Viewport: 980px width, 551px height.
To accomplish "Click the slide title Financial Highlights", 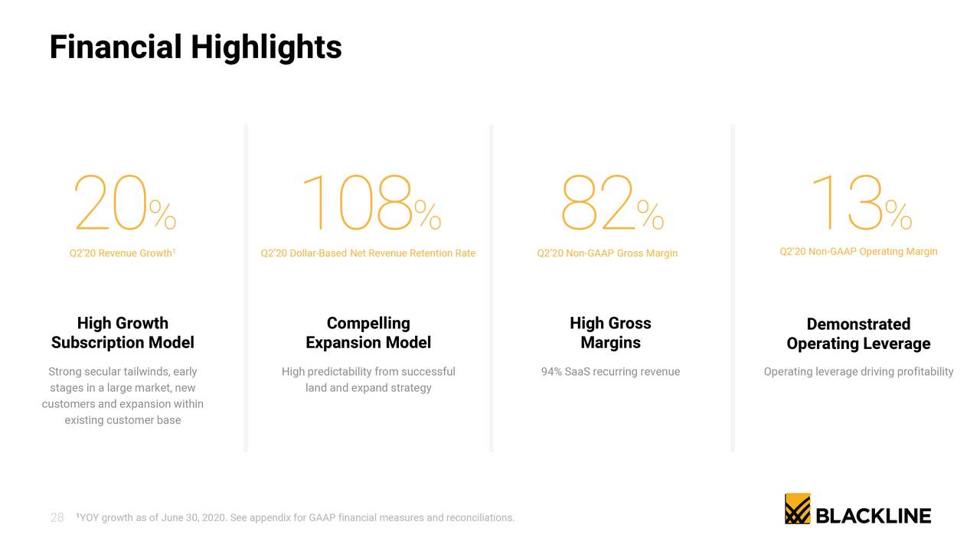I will pos(195,47).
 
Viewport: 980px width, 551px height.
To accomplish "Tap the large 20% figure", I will pos(125,204).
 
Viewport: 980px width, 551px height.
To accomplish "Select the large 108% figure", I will pos(371,204).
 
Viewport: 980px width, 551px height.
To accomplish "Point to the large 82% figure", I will pos(612,204).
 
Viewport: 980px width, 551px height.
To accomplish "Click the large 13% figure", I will pos(860,204).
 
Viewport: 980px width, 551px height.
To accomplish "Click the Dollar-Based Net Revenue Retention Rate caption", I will pos(367,253).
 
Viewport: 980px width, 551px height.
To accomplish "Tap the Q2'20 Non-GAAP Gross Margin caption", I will pos(607,253).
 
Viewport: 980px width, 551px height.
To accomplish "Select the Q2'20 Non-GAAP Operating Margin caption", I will pos(858,252).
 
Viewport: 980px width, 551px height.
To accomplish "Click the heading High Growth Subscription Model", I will pos(122,333).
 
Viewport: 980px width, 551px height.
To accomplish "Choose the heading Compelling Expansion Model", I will pos(368,333).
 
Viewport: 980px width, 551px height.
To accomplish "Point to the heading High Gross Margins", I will pos(610,333).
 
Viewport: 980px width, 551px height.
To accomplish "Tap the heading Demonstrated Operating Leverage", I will pos(858,334).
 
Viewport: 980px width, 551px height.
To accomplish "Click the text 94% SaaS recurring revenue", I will pos(610,372).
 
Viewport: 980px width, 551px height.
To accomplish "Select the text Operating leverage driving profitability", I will pos(858,372).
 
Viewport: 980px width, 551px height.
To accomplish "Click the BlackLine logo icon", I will pos(797,509).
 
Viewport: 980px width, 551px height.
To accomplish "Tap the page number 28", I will pos(57,518).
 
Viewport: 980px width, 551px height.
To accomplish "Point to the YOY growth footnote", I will pos(296,518).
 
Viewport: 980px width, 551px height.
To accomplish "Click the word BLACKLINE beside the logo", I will pos(874,516).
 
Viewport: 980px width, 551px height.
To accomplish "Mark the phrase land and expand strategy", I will pos(368,388).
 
